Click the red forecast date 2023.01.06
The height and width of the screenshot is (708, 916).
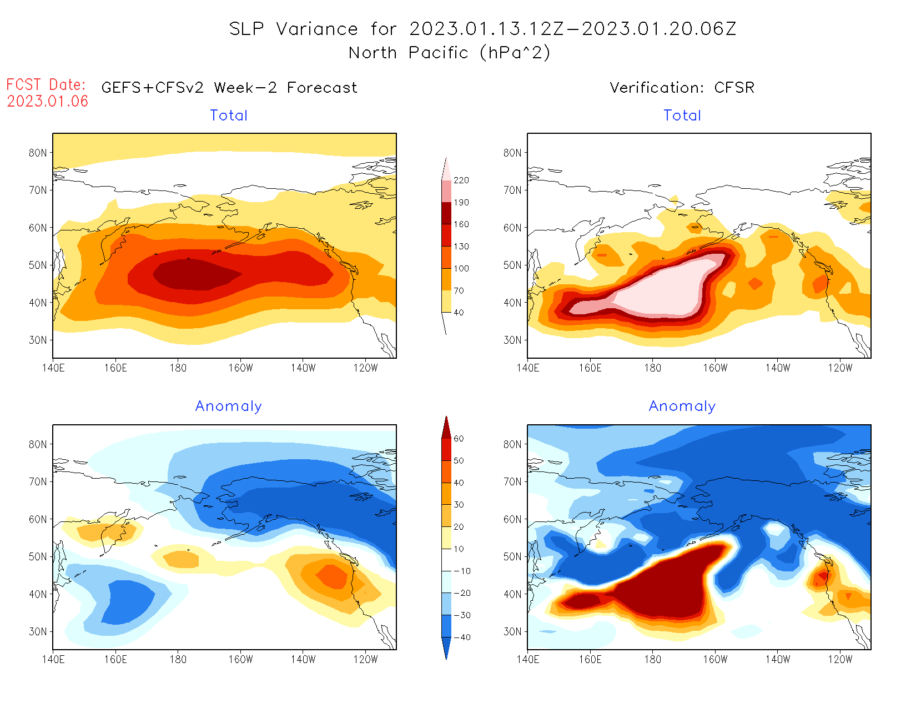pos(48,101)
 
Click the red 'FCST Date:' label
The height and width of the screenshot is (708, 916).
pos(46,84)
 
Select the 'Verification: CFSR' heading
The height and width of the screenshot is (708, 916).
pos(682,88)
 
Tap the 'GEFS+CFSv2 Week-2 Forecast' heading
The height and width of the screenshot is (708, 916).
pos(229,88)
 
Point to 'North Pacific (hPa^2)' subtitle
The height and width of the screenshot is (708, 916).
pos(449,53)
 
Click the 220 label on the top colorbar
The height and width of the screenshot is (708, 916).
pos(461,180)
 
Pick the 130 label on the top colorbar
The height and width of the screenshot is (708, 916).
pos(461,247)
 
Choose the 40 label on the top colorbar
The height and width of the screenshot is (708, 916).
pos(459,313)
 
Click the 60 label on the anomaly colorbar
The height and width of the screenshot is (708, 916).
pos(459,439)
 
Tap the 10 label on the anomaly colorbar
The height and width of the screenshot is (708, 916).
pos(459,549)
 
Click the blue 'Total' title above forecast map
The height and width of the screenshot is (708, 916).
pos(229,116)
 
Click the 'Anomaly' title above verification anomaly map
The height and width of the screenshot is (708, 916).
pos(682,406)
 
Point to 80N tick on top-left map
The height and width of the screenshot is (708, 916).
pos(38,153)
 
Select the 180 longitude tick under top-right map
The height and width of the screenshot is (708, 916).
pos(652,368)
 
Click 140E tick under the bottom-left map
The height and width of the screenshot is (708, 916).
pos(53,660)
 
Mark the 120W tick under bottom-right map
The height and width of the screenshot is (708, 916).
pos(840,660)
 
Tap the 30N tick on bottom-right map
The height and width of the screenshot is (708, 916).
pos(512,631)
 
